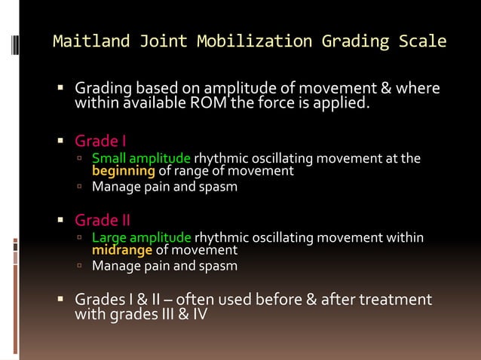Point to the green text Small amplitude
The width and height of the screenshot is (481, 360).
[x=141, y=159]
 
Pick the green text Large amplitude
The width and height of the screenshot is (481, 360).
[x=141, y=238]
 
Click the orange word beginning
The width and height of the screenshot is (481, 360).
[x=123, y=171]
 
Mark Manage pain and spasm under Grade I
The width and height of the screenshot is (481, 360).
[x=164, y=186]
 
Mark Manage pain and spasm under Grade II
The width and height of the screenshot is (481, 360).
[x=164, y=265]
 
